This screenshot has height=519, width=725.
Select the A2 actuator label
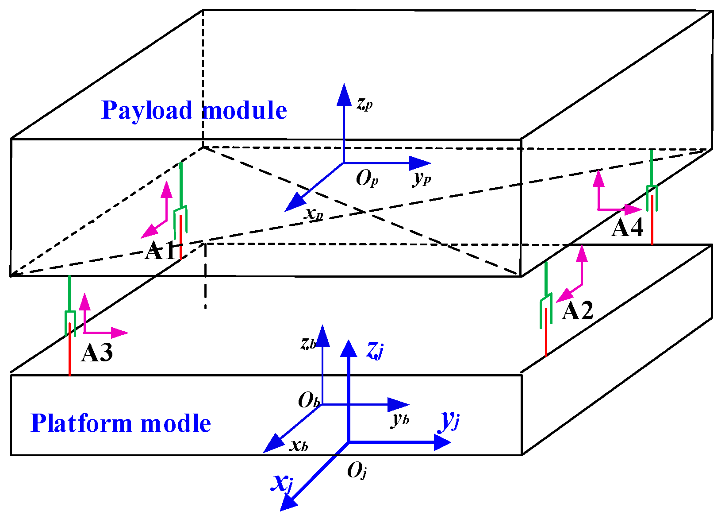coord(577,311)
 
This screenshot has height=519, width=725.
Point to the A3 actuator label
coord(97,353)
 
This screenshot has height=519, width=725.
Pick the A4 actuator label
coord(627,229)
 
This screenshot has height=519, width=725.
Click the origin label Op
coord(367,179)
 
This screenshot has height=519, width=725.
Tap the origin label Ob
coord(308,401)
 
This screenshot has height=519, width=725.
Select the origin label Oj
coord(357,471)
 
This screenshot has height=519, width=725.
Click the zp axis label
coord(364,104)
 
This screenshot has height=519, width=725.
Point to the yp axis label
coord(422,178)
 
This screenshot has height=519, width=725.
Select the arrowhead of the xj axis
coord(288,503)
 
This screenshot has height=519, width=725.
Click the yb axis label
coord(400,419)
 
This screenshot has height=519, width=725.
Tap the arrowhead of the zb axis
coord(322,335)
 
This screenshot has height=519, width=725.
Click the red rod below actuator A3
coord(70,354)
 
